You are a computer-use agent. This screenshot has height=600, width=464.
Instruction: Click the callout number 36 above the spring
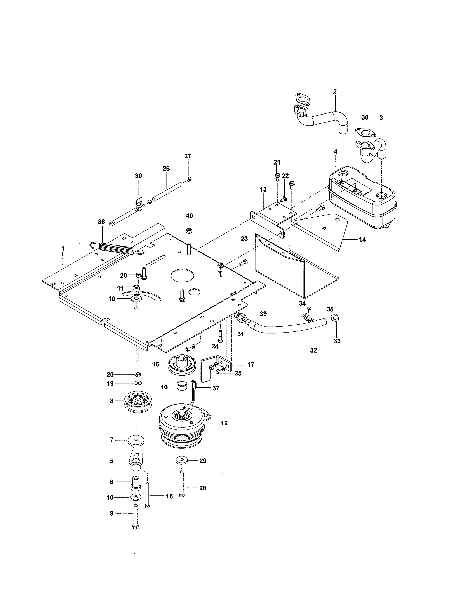click(101, 222)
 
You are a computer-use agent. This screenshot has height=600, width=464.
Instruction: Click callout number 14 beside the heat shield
click(362, 240)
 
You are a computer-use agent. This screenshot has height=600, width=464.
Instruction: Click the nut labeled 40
click(189, 230)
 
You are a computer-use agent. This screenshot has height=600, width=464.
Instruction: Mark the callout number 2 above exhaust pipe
click(335, 91)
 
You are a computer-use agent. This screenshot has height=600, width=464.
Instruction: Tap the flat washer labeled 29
click(181, 460)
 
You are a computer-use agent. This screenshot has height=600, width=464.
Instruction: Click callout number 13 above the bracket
click(263, 189)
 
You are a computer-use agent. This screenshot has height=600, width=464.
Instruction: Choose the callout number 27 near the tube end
click(188, 156)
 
